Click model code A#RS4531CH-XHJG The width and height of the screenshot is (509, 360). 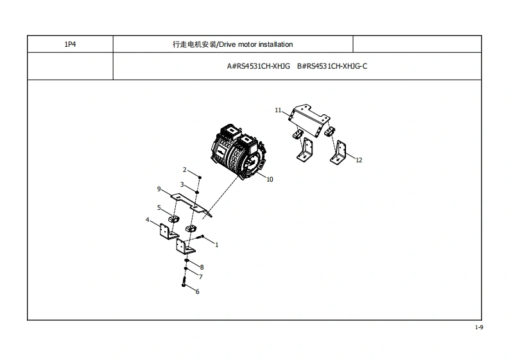point(259,66)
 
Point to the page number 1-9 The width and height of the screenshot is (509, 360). point(479,328)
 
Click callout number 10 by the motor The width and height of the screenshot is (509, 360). point(270,180)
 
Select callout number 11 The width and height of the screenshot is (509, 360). point(279,110)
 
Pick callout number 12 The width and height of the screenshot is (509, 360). point(359,160)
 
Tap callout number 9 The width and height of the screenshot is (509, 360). point(159,189)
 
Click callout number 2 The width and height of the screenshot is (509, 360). point(185,170)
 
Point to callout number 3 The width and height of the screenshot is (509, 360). point(182,184)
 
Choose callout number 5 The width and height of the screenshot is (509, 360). point(159,207)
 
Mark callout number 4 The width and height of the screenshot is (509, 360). point(148,220)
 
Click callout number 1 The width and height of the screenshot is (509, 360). point(217,244)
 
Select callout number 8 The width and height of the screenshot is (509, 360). point(202,267)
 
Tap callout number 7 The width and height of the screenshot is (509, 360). point(200,277)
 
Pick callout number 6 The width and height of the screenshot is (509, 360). point(197,292)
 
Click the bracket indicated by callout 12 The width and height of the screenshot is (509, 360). point(340,152)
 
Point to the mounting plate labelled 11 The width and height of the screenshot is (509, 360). point(309,117)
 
